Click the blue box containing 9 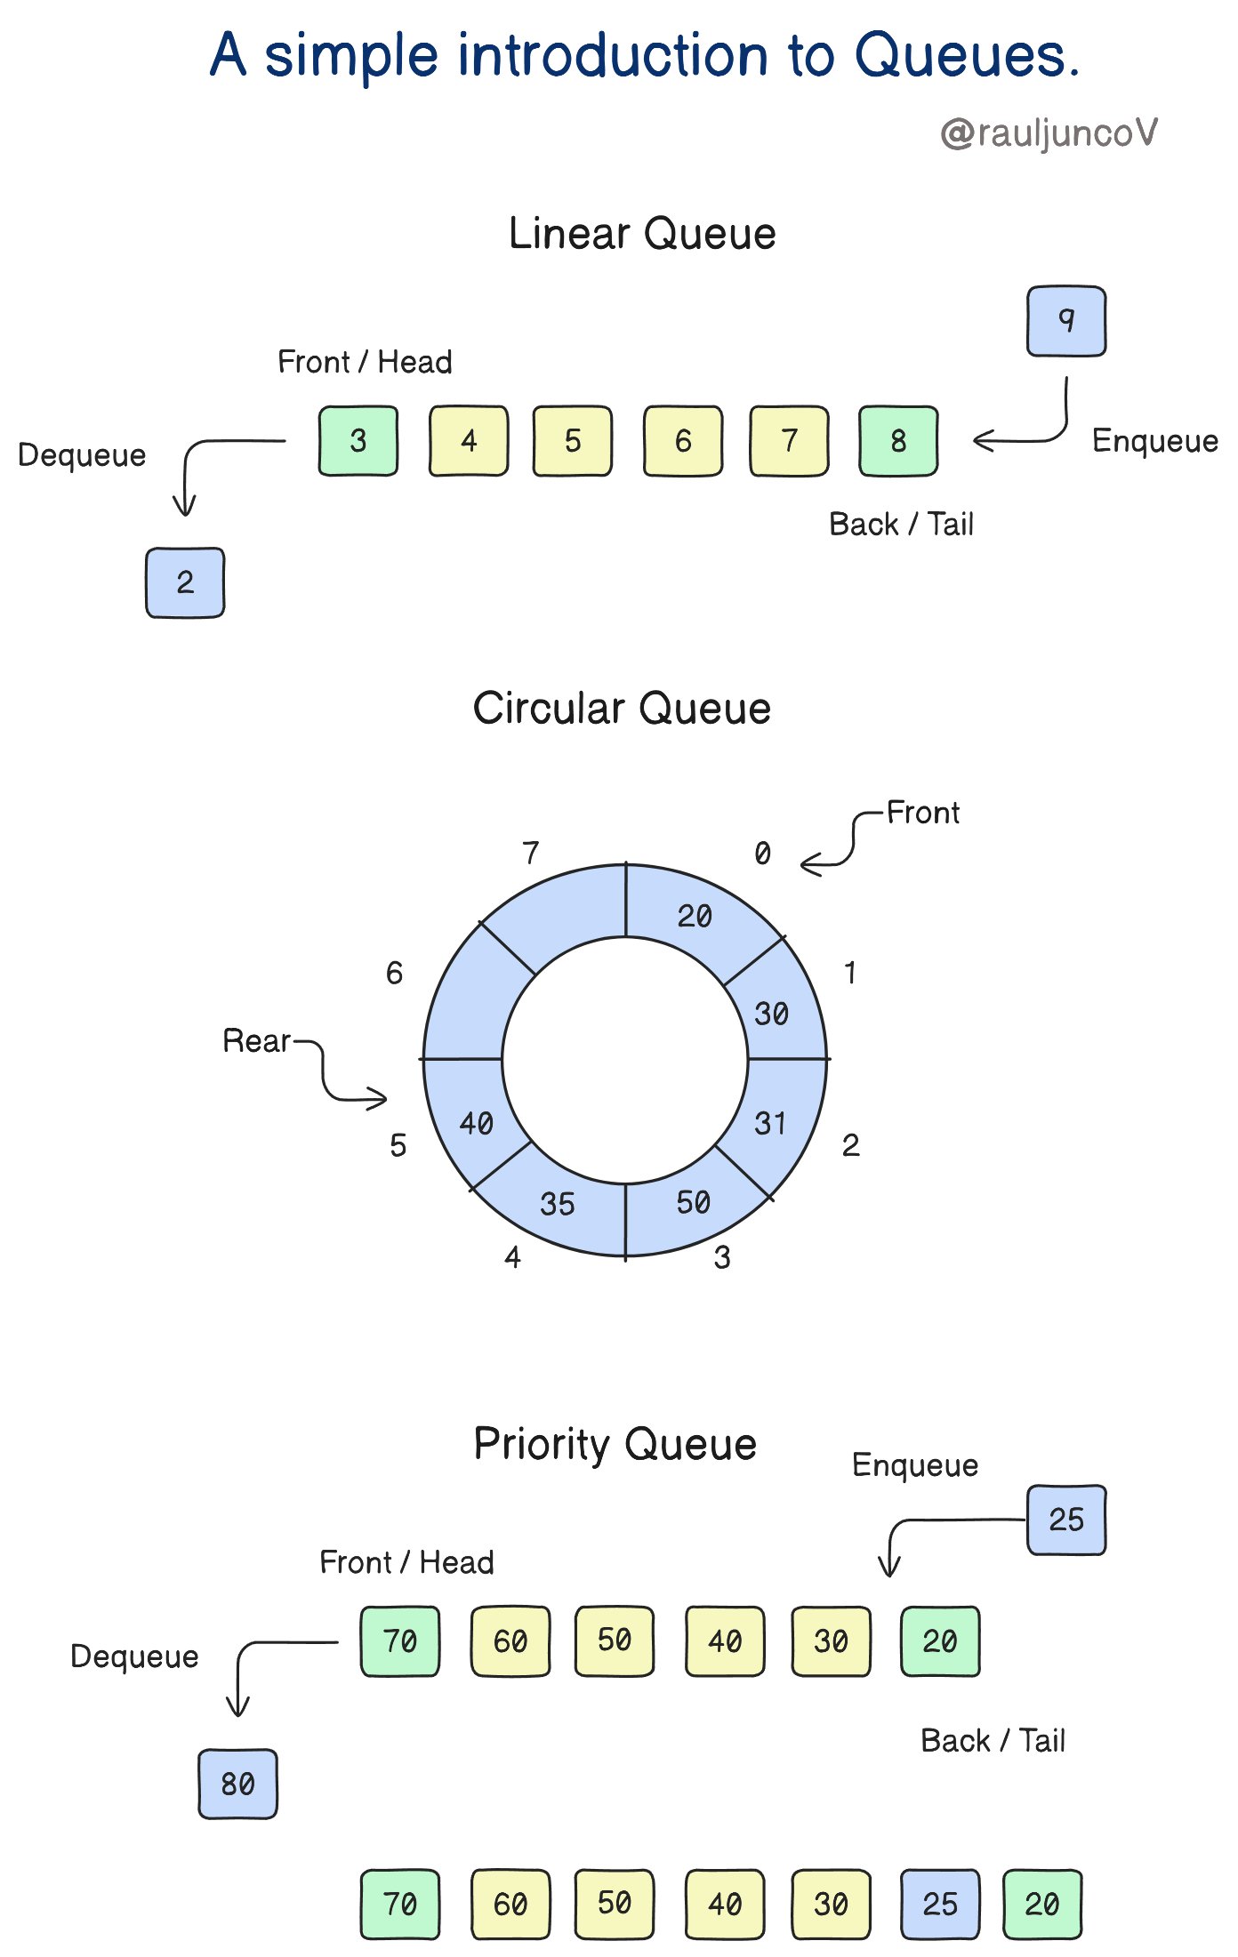click(x=1065, y=321)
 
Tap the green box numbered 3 click(x=358, y=441)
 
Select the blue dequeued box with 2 click(x=185, y=582)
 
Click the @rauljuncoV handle click(x=1049, y=133)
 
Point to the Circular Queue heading click(x=622, y=709)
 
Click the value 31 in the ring click(x=770, y=1123)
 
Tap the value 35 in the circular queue click(x=558, y=1204)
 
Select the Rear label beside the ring click(x=256, y=1040)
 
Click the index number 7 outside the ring click(x=531, y=853)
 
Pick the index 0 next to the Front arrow click(x=762, y=854)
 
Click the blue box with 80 click(x=237, y=1784)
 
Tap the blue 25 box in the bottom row click(x=940, y=1904)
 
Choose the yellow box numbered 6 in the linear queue click(x=683, y=441)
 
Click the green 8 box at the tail click(x=898, y=441)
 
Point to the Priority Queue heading click(x=615, y=1444)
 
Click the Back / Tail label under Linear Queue click(x=901, y=525)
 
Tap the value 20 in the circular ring click(x=695, y=916)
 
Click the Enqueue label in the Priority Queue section click(x=915, y=1465)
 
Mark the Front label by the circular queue click(x=923, y=813)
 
